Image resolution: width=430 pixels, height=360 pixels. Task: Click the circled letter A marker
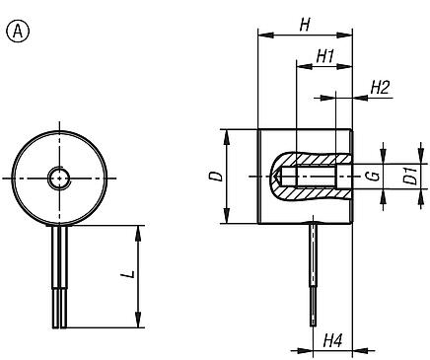[x=16, y=30]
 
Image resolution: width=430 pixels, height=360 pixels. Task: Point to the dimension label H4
[x=332, y=340]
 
